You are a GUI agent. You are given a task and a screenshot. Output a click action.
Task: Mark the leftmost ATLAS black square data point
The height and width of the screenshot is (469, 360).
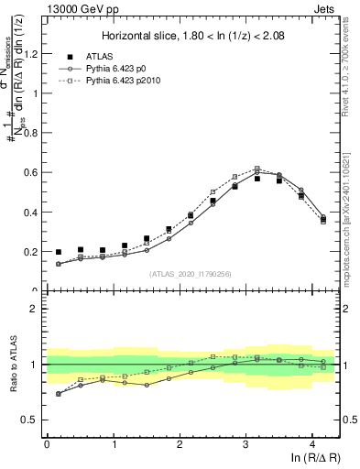tap(59, 252)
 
